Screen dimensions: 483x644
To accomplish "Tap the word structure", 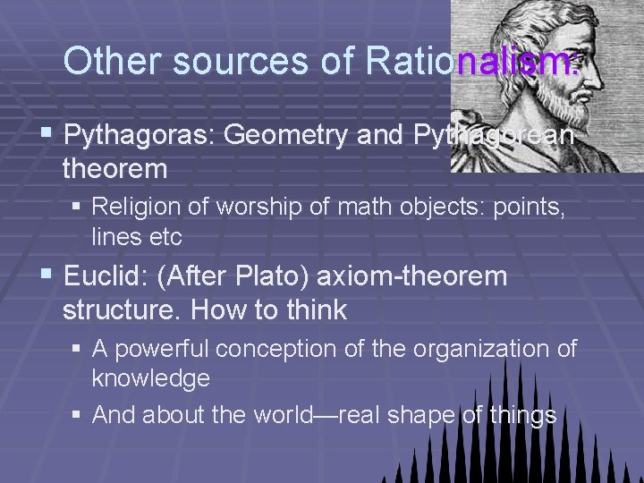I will point(122,310).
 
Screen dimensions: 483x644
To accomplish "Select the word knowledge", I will point(151,377).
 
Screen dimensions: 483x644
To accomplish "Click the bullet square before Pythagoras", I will point(48,135).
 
